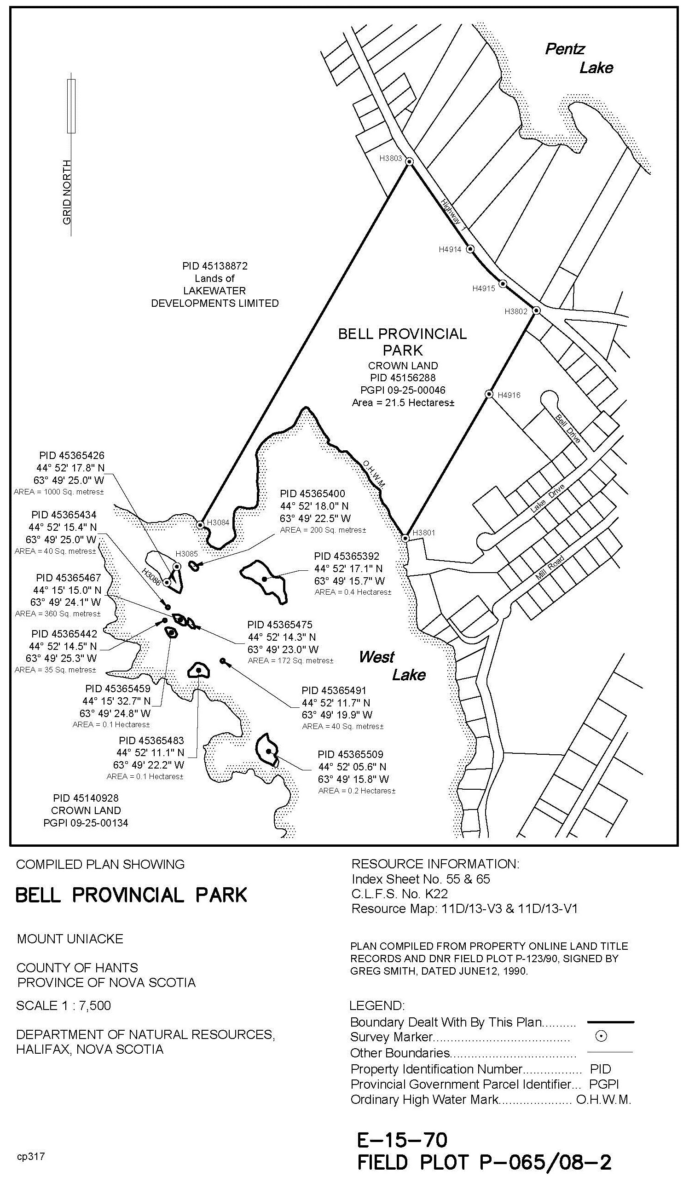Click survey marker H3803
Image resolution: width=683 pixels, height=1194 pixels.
409,162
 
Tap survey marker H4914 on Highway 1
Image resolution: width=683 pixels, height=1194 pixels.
470,249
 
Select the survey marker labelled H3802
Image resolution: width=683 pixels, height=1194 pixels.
537,310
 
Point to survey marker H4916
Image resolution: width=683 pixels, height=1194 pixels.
489,394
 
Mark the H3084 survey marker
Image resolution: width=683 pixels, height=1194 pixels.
200,525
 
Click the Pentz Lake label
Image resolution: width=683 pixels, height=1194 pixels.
579,58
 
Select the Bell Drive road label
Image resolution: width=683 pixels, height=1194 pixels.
568,429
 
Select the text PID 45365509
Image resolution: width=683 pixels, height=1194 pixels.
350,755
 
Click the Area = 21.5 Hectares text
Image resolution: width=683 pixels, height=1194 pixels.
403,402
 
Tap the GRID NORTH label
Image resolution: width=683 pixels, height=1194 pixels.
67,192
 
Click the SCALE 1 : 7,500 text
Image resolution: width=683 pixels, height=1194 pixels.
64,1005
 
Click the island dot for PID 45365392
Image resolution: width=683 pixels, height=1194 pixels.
264,579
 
